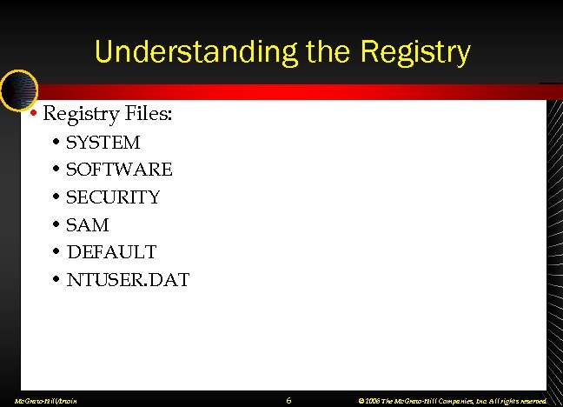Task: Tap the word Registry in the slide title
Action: click(411, 52)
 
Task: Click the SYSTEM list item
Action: click(103, 142)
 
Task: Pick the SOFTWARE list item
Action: click(119, 170)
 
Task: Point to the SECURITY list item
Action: click(114, 197)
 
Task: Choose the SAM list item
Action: click(88, 225)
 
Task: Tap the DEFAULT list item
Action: click(111, 252)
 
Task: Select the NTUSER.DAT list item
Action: click(128, 280)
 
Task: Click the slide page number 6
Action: click(288, 400)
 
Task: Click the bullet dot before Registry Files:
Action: click(32, 114)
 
